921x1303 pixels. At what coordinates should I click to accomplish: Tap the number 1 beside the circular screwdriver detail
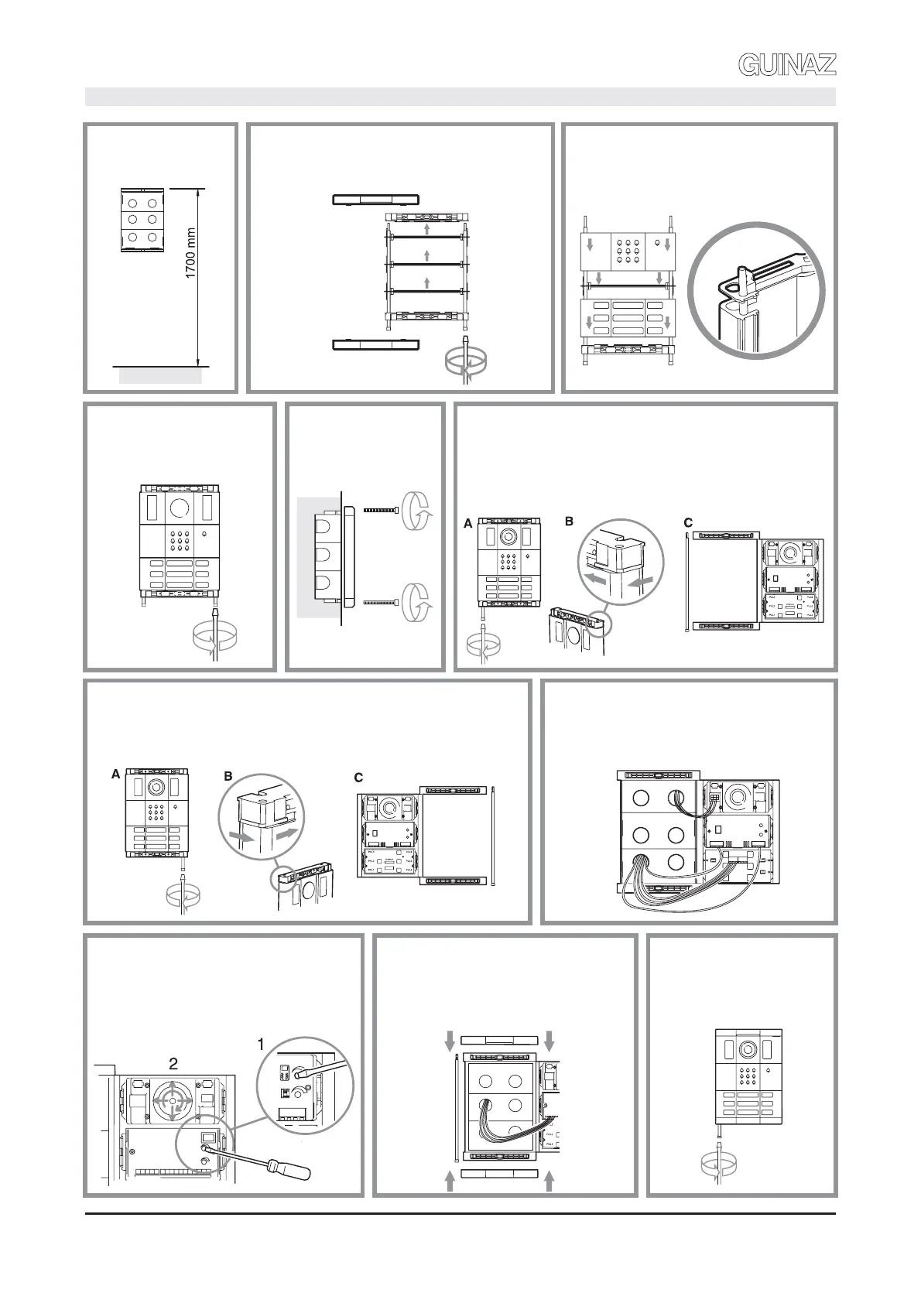coord(261,1045)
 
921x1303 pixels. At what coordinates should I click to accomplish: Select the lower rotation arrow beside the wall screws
coord(418,601)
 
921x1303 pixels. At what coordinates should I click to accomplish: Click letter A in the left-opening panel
coord(467,524)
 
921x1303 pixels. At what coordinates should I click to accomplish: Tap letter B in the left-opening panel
coord(569,521)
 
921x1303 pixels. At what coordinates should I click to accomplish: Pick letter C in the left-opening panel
coord(688,524)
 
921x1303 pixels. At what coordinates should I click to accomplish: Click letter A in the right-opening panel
coord(115,774)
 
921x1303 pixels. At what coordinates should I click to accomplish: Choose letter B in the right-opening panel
coord(228,777)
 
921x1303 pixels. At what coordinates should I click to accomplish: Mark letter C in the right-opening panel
coord(358,778)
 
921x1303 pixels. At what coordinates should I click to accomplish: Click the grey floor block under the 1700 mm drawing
coord(160,376)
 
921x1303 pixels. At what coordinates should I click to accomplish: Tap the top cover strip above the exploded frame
coord(375,200)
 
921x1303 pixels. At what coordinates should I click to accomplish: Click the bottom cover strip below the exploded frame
coord(375,344)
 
